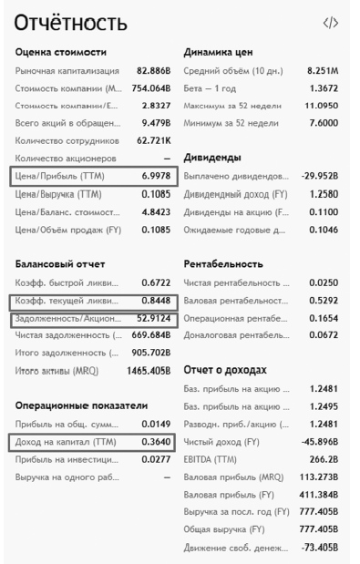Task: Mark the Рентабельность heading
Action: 223,261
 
